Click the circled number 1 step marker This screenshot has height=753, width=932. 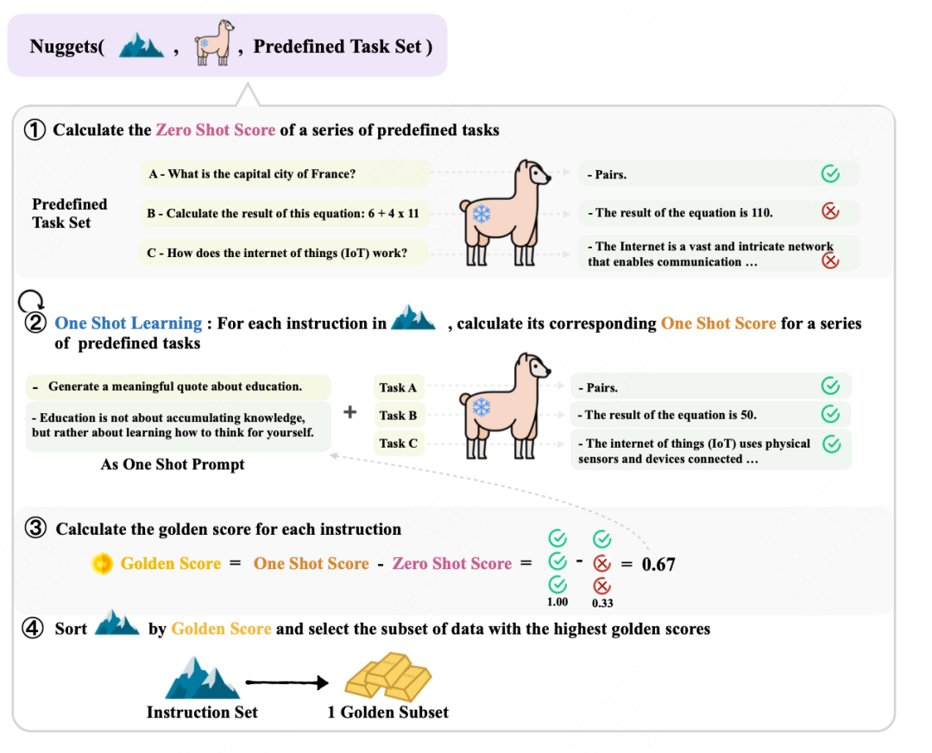(35, 129)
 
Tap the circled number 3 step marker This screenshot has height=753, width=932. (35, 528)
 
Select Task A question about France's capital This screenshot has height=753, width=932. (285, 173)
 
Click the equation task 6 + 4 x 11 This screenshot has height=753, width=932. (284, 213)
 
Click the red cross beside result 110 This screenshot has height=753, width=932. (830, 211)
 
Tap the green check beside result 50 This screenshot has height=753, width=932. (830, 414)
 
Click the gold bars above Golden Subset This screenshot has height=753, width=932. (388, 675)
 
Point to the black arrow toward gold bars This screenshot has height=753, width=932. (287, 682)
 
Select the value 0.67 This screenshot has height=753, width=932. (658, 564)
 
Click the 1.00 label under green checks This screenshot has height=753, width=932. (557, 602)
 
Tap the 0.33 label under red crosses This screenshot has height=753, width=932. (602, 603)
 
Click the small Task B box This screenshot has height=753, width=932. (398, 416)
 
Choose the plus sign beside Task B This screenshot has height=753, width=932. (350, 411)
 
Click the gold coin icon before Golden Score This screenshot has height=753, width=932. (102, 563)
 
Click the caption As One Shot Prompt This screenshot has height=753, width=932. (173, 464)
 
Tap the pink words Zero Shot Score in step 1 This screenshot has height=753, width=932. (216, 129)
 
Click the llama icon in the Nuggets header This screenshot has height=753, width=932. (214, 42)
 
